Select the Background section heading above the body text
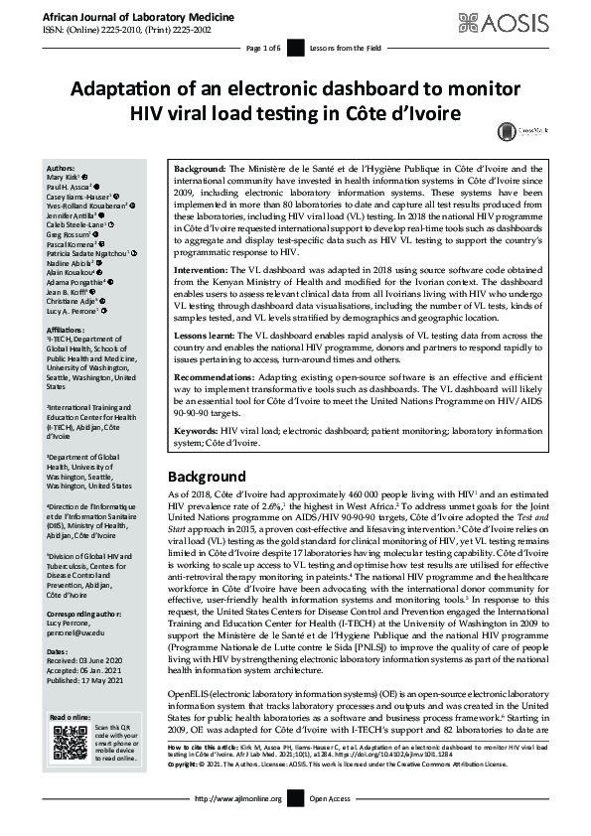(206, 477)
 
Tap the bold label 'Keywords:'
(196, 432)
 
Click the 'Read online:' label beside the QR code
(69, 716)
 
